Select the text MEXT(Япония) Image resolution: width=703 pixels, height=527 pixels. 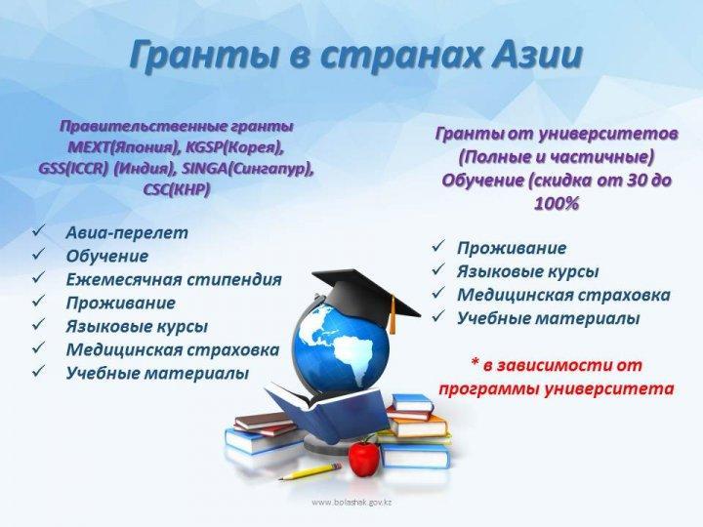(121, 147)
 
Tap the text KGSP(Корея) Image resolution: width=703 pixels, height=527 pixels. (233, 147)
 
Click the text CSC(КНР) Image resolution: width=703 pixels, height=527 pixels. (176, 189)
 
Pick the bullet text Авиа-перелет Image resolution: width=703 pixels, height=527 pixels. (127, 232)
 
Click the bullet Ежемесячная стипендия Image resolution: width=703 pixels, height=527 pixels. (174, 279)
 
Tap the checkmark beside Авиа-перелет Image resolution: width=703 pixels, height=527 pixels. (38, 230)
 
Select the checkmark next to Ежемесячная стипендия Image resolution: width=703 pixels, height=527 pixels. (38, 277)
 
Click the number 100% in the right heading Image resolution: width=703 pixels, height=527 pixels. (556, 204)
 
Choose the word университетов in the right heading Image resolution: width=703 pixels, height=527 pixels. (608, 134)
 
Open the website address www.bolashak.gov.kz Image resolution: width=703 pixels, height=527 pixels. (351, 503)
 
